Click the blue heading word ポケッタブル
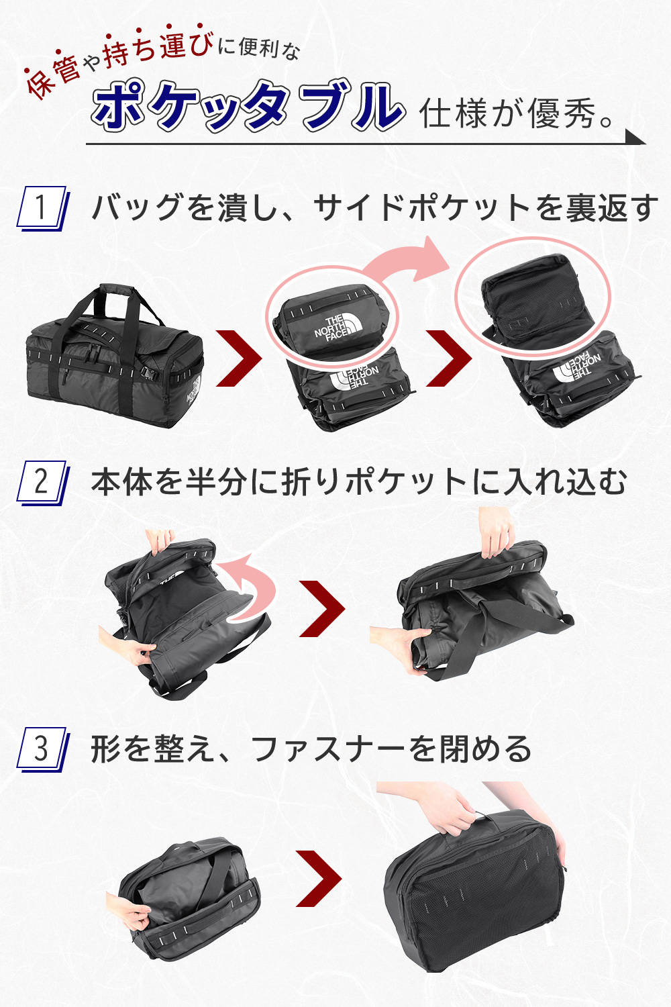tap(247, 106)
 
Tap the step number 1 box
tap(43, 208)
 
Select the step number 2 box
tap(43, 483)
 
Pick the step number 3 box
tap(43, 749)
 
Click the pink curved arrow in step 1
tap(395, 263)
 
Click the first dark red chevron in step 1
tap(239, 358)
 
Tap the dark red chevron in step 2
tap(322, 608)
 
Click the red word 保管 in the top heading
tap(53, 77)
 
